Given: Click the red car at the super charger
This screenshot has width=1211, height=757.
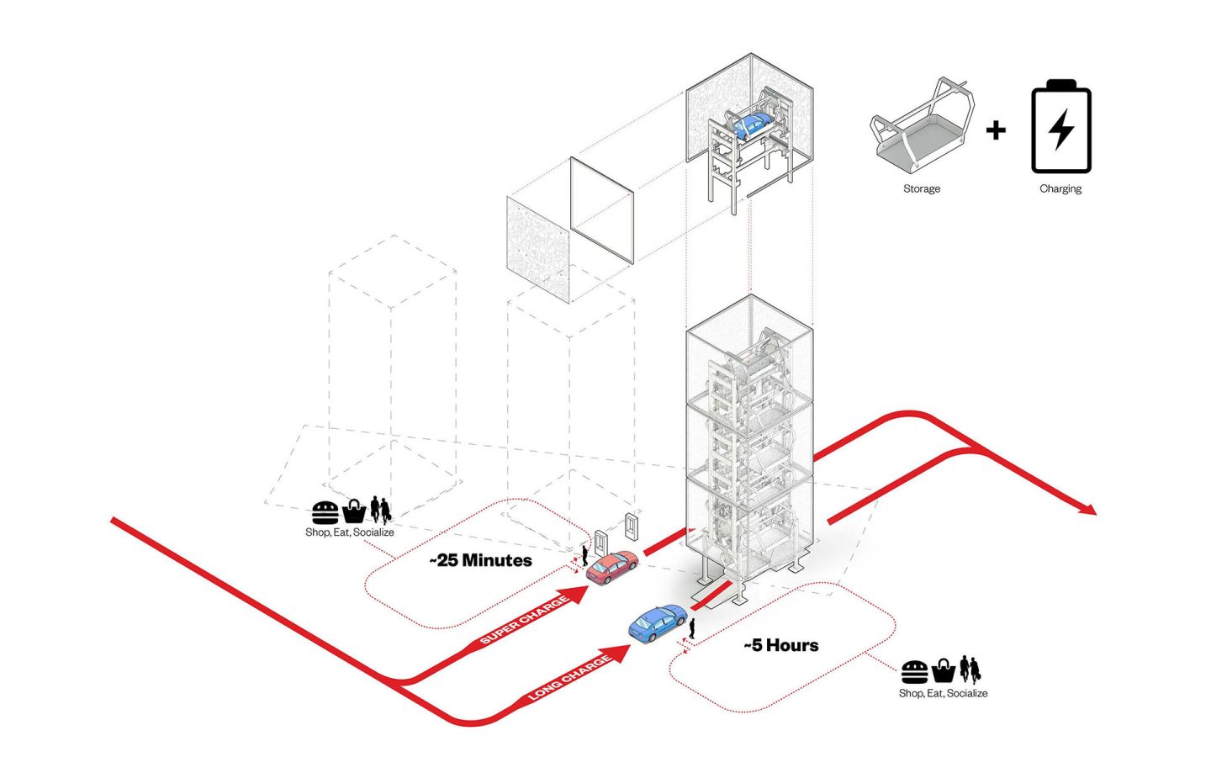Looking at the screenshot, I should [611, 567].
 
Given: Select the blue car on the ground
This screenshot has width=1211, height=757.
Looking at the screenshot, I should [657, 623].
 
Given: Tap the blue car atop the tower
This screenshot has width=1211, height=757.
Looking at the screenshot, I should [750, 125].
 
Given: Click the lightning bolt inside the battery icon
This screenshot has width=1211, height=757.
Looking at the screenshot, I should [1062, 130].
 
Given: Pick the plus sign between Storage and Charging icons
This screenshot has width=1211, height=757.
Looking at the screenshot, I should [996, 130].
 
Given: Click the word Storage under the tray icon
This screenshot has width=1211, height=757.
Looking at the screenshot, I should [922, 188].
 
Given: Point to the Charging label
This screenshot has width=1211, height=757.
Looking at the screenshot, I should [1060, 188].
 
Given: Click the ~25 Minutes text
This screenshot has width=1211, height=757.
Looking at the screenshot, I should [481, 560].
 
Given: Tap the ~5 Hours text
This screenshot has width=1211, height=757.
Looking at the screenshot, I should [781, 645].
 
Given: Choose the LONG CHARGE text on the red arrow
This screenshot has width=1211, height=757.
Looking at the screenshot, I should [569, 679].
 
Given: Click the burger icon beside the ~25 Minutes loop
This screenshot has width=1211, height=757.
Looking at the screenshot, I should [325, 511].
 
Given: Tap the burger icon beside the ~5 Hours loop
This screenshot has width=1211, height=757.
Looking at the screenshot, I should [914, 672].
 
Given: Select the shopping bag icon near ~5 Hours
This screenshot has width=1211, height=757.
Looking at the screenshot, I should [943, 671].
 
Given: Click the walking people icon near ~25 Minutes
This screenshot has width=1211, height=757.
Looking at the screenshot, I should [380, 510].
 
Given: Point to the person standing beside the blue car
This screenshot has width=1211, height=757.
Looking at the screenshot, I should [692, 628].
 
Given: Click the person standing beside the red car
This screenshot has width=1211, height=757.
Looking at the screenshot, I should [585, 554].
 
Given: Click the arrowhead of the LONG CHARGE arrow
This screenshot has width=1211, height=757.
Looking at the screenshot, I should [620, 654].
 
